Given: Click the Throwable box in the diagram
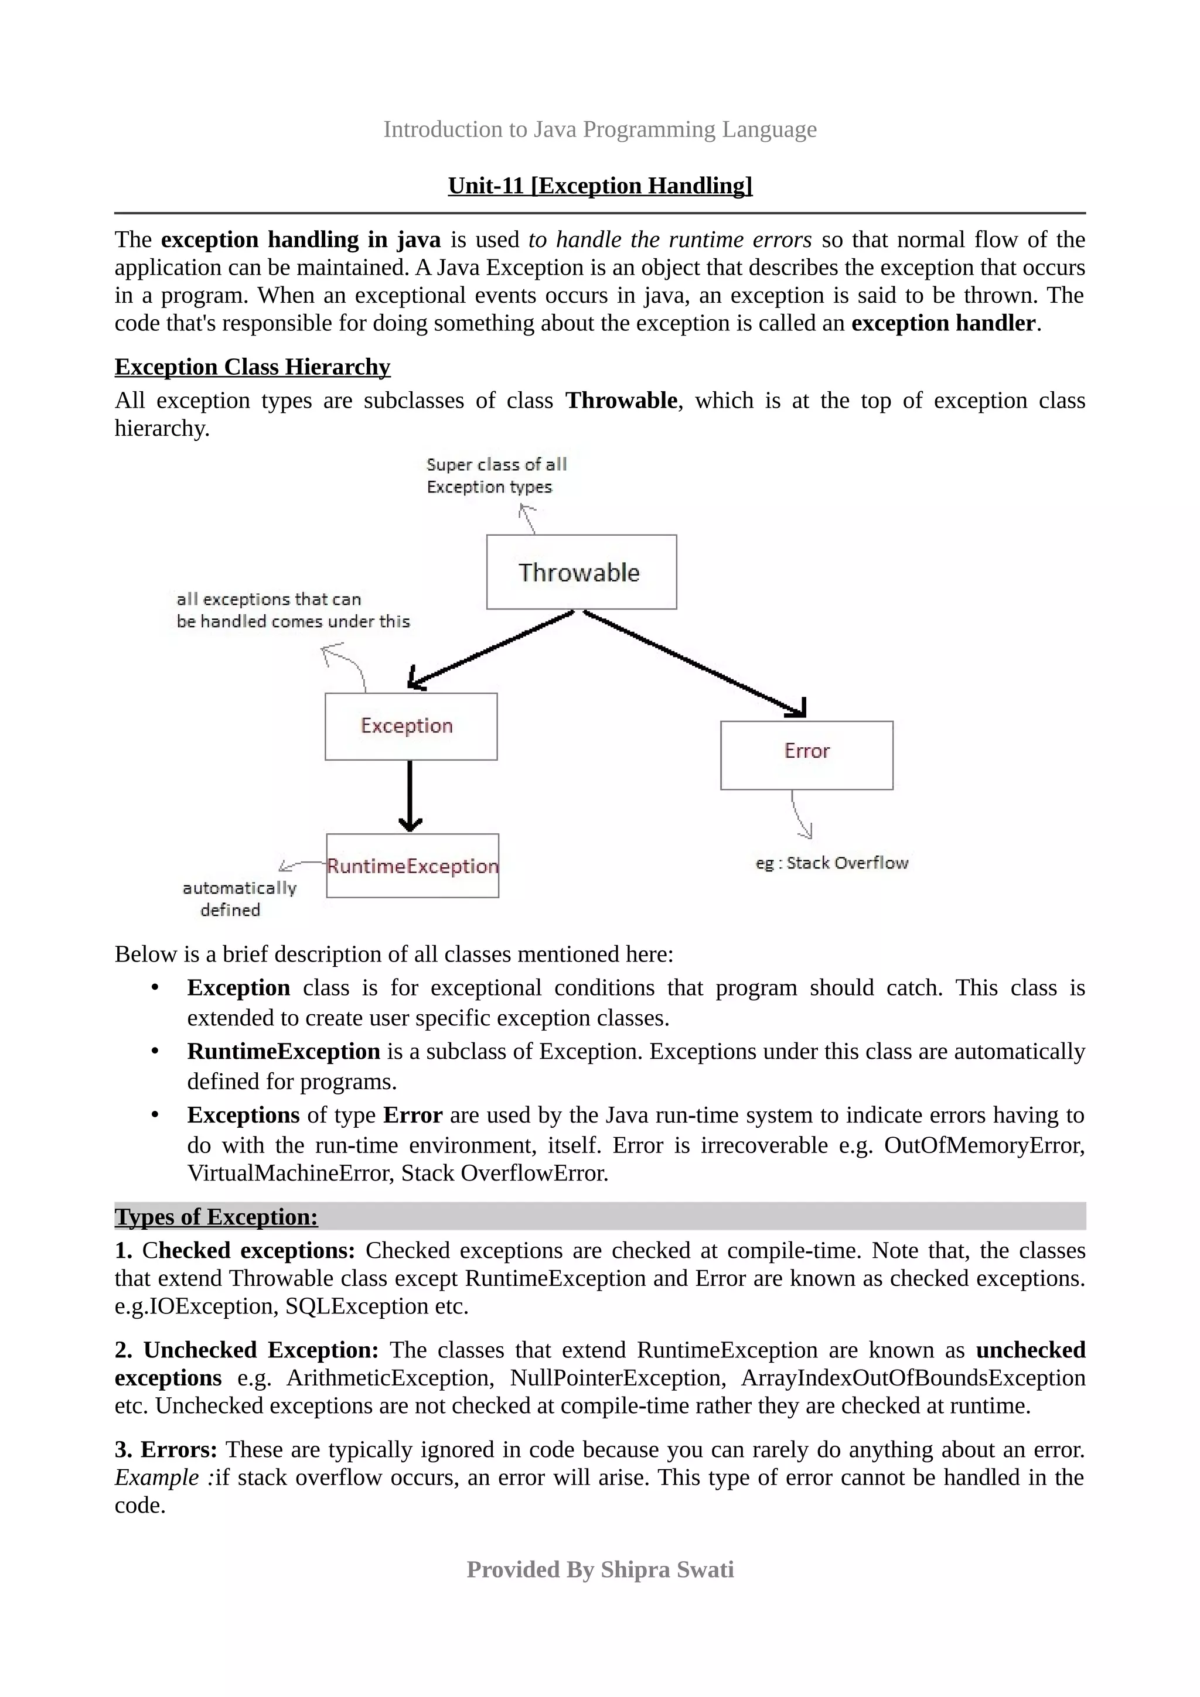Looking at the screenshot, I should (581, 572).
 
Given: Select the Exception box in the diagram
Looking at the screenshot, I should (410, 726).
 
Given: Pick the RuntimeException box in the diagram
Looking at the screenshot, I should (412, 865).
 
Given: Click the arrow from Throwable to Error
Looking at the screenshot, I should (695, 663).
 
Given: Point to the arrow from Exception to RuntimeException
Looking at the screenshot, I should (410, 795).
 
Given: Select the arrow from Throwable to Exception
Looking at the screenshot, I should (492, 648).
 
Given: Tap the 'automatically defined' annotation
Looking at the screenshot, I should (239, 898).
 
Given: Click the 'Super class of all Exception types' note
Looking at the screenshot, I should (496, 475).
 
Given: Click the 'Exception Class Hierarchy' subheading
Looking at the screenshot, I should (252, 367).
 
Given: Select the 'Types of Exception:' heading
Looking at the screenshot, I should (216, 1217).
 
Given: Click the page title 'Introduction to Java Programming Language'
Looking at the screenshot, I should (599, 129).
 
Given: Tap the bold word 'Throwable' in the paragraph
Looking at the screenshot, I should (621, 401).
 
